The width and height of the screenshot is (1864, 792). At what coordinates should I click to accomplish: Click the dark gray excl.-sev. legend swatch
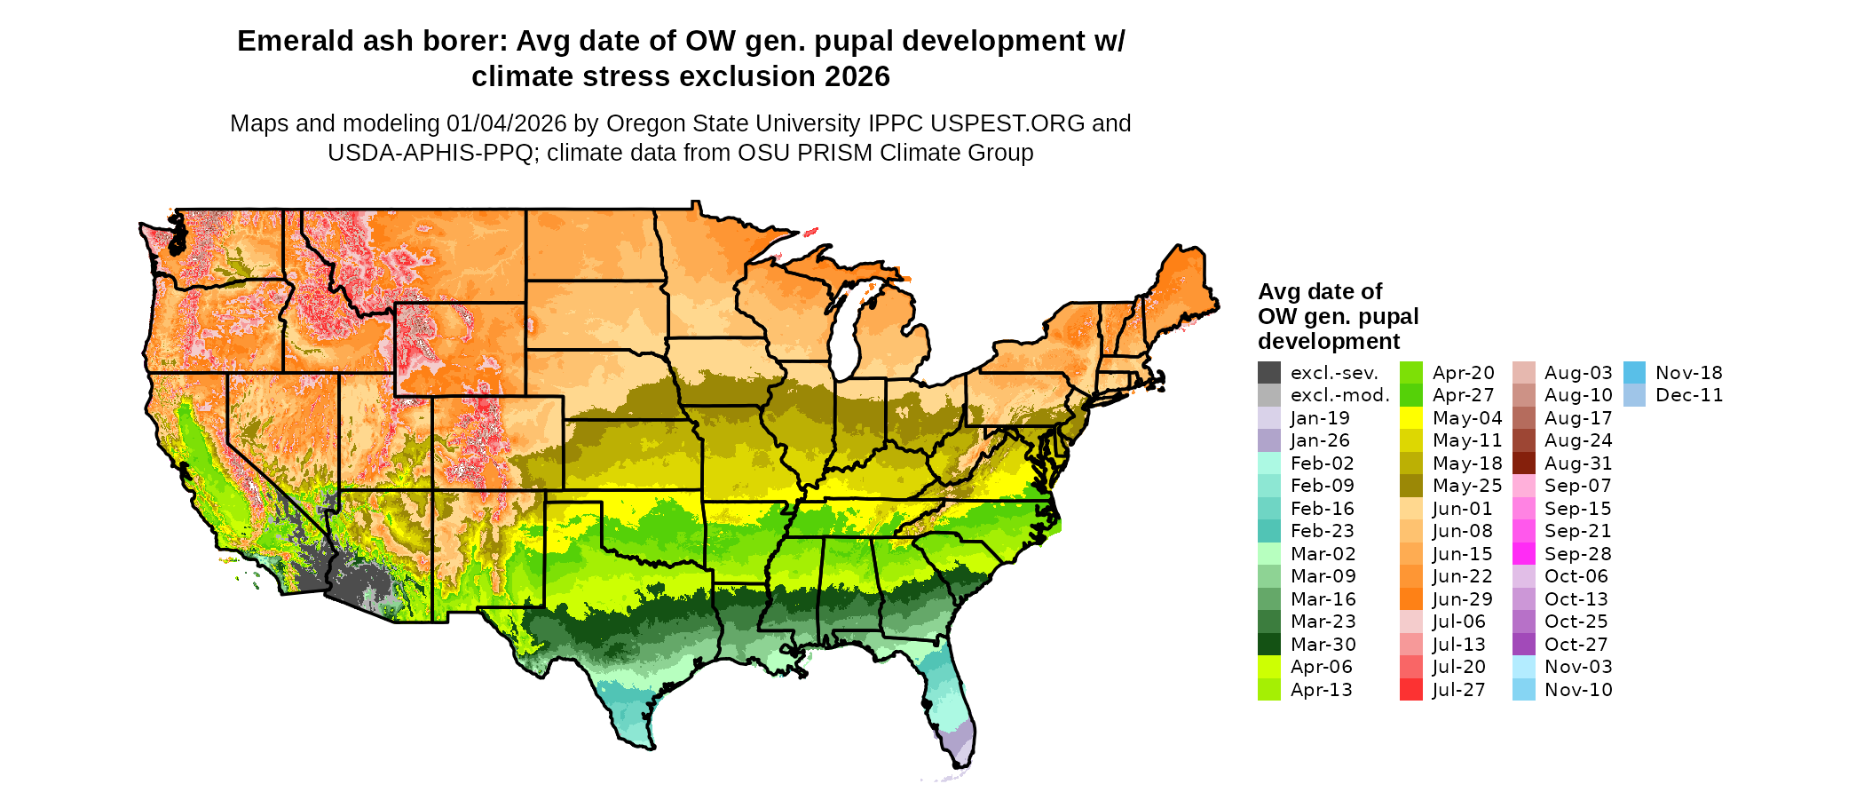[x=1269, y=373]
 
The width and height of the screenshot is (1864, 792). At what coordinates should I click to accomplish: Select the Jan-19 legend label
[x=1320, y=418]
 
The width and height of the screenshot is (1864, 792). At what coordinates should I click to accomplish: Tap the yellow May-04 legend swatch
[x=1411, y=418]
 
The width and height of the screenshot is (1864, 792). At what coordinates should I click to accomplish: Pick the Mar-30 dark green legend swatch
[x=1269, y=645]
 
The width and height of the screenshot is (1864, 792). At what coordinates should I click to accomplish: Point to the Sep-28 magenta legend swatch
[x=1524, y=554]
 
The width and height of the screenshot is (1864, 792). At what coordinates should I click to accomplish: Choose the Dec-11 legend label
[x=1689, y=396]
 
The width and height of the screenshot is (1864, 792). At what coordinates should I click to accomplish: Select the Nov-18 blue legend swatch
[x=1635, y=373]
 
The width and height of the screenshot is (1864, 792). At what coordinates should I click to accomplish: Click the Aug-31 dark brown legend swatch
[x=1524, y=463]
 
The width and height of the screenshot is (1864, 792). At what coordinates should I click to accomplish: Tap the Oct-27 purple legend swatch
[x=1524, y=645]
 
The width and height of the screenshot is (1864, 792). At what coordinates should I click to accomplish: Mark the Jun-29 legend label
[x=1463, y=599]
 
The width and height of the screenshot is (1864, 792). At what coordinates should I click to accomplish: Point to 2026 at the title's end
[x=857, y=77]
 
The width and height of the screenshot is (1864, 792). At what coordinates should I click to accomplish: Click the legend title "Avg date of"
[x=1320, y=292]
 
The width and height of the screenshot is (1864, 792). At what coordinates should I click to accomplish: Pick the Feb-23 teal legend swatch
[x=1269, y=531]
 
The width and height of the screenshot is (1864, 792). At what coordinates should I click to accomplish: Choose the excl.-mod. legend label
[x=1339, y=396]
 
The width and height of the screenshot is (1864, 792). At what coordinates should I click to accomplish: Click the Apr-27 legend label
[x=1463, y=396]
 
